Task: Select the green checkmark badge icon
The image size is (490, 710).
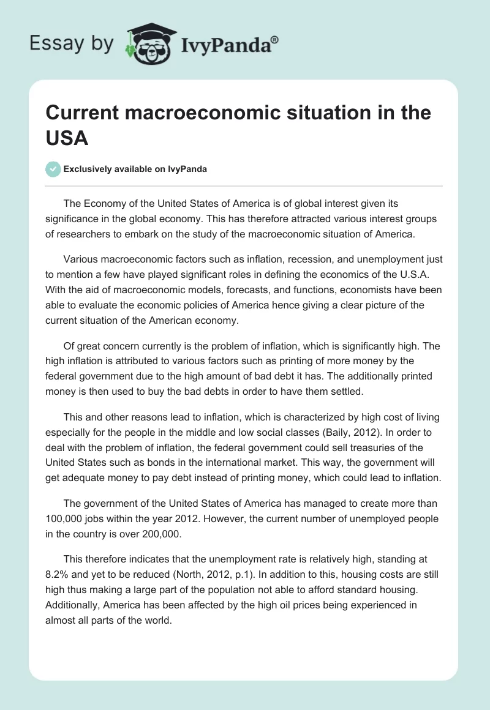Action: tap(53, 169)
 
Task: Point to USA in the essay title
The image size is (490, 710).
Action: tap(67, 138)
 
